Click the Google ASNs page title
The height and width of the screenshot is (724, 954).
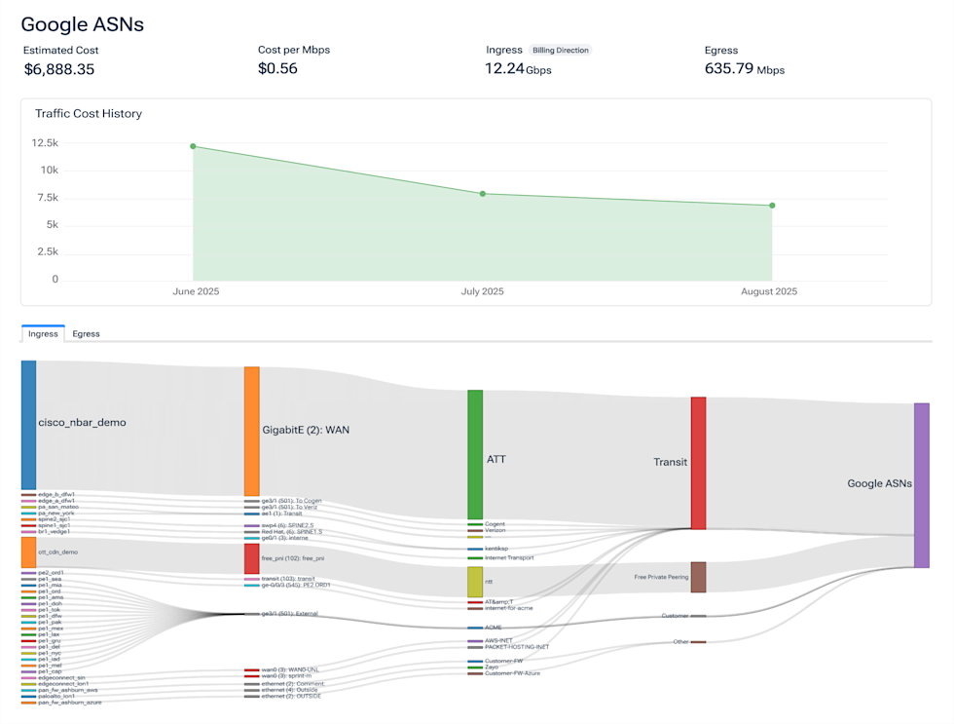point(83,24)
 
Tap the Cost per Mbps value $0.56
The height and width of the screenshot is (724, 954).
point(277,69)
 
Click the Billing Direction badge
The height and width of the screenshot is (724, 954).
point(562,50)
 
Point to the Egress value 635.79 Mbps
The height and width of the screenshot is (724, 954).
point(744,69)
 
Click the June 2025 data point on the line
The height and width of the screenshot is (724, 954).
point(193,146)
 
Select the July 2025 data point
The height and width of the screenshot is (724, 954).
point(482,194)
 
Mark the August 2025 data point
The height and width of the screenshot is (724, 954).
point(772,206)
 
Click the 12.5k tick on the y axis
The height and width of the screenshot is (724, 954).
point(45,143)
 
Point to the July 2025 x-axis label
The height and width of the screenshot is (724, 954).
point(482,292)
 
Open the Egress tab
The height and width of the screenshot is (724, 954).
point(86,333)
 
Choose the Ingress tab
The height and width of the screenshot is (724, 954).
point(43,333)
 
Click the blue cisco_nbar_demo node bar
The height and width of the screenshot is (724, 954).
point(28,425)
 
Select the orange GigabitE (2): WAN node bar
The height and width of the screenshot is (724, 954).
point(251,431)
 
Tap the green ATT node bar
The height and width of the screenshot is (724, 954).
point(475,454)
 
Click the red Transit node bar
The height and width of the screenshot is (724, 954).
point(698,463)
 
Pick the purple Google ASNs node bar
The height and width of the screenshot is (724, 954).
point(921,484)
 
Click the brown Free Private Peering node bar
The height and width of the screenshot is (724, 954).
point(698,577)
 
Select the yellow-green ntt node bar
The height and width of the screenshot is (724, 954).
point(475,582)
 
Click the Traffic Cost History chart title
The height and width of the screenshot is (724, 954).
point(89,114)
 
